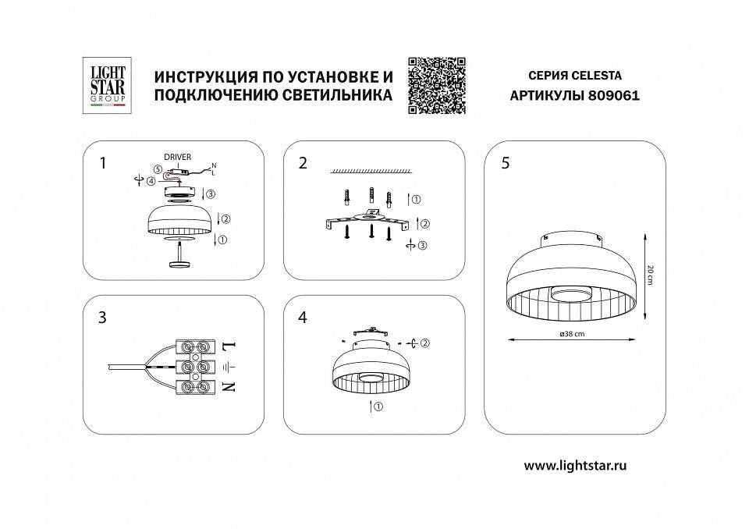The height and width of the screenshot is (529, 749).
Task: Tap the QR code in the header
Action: click(437, 86)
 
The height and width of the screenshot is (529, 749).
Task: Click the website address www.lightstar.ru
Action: click(575, 466)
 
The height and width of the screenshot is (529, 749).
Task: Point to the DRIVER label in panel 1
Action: click(177, 158)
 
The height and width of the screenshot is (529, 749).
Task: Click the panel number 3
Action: click(103, 318)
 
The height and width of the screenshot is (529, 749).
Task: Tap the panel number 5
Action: click(506, 163)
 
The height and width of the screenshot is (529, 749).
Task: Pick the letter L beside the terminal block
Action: click(229, 345)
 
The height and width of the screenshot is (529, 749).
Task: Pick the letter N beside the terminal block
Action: click(229, 387)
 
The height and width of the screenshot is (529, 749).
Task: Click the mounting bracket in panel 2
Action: click(367, 221)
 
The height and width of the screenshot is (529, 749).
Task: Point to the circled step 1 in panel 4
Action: click(378, 407)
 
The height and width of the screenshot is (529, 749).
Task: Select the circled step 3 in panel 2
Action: click(423, 246)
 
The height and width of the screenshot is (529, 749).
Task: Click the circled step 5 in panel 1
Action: click(158, 169)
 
